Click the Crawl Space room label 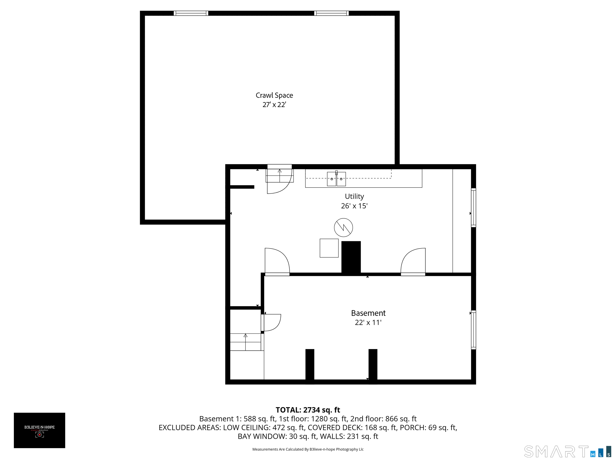pos(274,95)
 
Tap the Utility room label pos(354,196)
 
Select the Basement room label pos(368,313)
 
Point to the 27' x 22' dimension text pos(274,105)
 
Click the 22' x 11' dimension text pos(368,322)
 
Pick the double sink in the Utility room pos(336,179)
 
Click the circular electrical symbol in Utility pos(343,228)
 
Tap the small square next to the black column pos(329,248)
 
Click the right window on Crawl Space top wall pos(331,13)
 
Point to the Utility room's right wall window pos(473,208)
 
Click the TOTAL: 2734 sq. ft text pos(308,410)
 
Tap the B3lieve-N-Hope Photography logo pos(40,430)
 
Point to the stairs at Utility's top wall pos(279,175)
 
